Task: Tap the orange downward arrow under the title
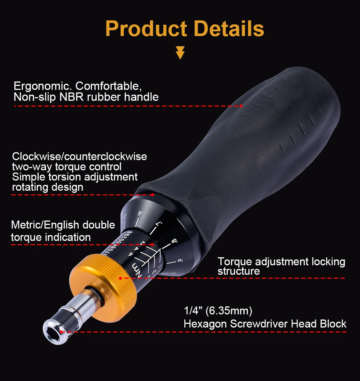pyautogui.click(x=180, y=52)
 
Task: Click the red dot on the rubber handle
pyautogui.click(x=241, y=106)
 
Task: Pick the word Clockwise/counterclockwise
pyautogui.click(x=80, y=156)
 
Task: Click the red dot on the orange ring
pyautogui.click(x=120, y=278)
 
